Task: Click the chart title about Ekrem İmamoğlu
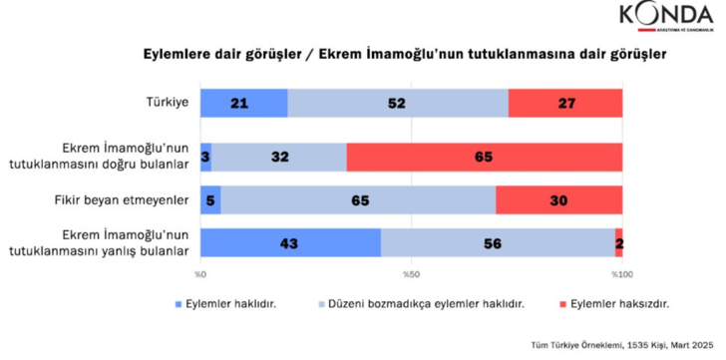click(x=362, y=56)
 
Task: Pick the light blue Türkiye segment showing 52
click(x=397, y=104)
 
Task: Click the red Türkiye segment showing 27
click(x=564, y=104)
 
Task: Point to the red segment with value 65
click(x=485, y=156)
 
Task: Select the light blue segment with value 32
click(x=279, y=156)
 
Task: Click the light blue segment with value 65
click(x=357, y=199)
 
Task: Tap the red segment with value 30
click(x=558, y=199)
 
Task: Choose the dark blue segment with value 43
click(x=290, y=242)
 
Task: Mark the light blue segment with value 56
click(x=498, y=242)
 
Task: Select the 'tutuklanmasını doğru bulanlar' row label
click(x=129, y=164)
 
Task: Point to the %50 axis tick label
click(x=410, y=273)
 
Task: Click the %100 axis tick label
click(x=619, y=273)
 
